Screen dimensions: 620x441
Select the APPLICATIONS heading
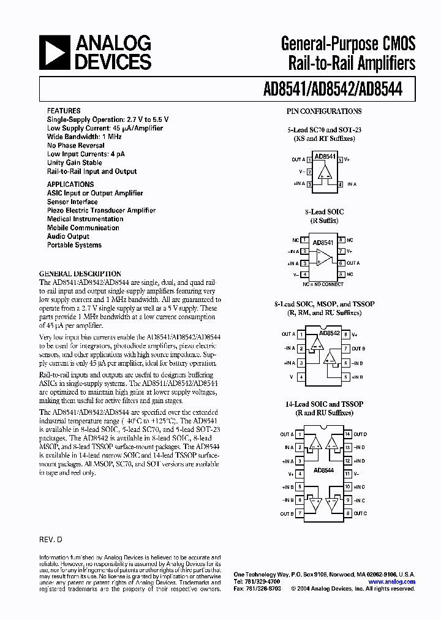tap(70, 184)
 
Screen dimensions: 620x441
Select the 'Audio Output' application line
tap(68, 236)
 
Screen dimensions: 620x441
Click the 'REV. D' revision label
tap(51, 541)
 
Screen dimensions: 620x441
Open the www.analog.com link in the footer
tap(392, 582)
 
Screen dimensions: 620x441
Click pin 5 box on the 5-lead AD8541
tap(340, 159)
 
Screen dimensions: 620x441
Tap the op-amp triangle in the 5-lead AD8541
tap(325, 171)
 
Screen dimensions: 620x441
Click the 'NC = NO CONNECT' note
tap(324, 284)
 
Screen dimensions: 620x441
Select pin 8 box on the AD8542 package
tap(346, 334)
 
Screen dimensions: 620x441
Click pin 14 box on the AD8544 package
tap(347, 434)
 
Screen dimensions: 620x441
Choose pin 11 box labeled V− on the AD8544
tap(347, 474)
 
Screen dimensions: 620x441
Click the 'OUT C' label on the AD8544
tap(360, 513)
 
